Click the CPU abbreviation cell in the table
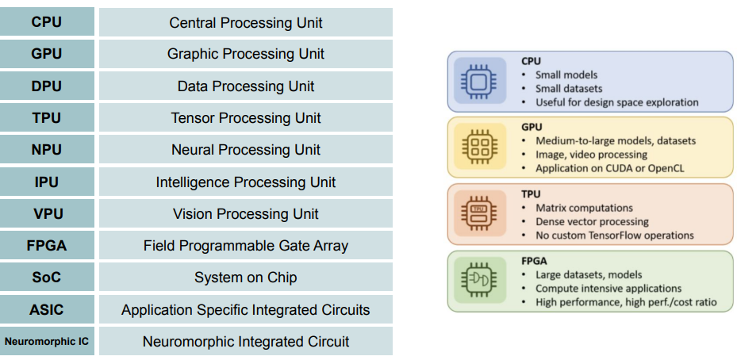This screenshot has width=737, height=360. click(x=47, y=22)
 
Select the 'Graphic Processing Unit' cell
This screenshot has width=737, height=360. click(x=246, y=54)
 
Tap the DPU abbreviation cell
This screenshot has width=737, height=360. click(x=47, y=86)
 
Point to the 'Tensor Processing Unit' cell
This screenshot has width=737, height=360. click(x=246, y=118)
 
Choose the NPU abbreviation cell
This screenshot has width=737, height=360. click(x=47, y=150)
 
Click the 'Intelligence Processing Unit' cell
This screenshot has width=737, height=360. click(x=246, y=182)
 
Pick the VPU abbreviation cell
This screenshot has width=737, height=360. click(x=47, y=214)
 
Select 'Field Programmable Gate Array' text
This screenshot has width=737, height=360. click(x=246, y=246)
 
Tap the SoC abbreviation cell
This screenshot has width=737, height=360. click(x=47, y=278)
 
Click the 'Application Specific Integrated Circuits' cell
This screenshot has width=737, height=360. click(x=246, y=310)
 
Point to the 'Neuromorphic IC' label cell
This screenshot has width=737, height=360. click(x=47, y=342)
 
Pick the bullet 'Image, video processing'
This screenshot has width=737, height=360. click(x=591, y=155)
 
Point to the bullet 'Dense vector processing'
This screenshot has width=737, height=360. click(x=592, y=222)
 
